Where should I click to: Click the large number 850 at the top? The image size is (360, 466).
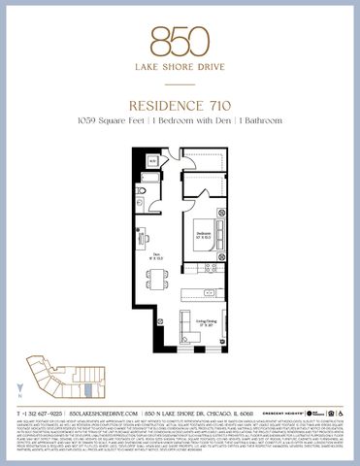point(180,40)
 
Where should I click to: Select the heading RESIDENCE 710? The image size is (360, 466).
point(180,100)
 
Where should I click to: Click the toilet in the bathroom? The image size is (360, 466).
point(139,192)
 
